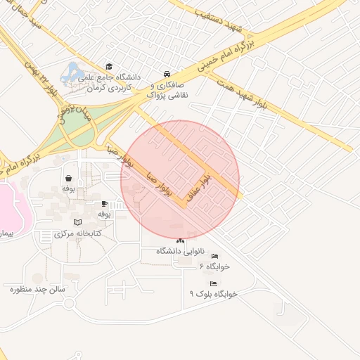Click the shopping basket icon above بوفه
coord(69,179)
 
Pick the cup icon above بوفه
coord(105,204)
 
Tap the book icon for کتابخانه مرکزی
coord(77,222)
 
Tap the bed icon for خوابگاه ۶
coord(214,257)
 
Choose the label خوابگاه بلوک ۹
coord(212,293)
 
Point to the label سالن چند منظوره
coord(37,288)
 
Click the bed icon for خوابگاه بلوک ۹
coord(213,283)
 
